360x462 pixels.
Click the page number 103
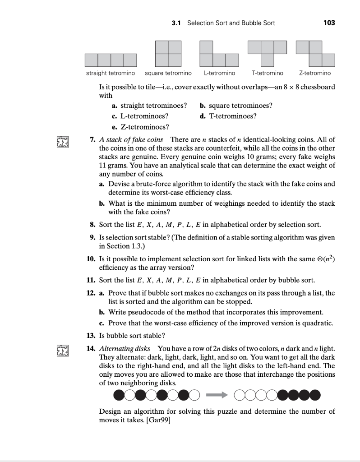pos(329,23)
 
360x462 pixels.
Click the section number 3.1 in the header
pos(177,23)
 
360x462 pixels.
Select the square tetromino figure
pos(168,54)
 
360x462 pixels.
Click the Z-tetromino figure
pos(315,53)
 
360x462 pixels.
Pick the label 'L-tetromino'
pos(219,73)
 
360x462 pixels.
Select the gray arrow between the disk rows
pos(216,395)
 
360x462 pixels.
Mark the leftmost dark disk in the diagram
pos(119,396)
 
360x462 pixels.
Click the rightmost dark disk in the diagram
pos(314,396)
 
